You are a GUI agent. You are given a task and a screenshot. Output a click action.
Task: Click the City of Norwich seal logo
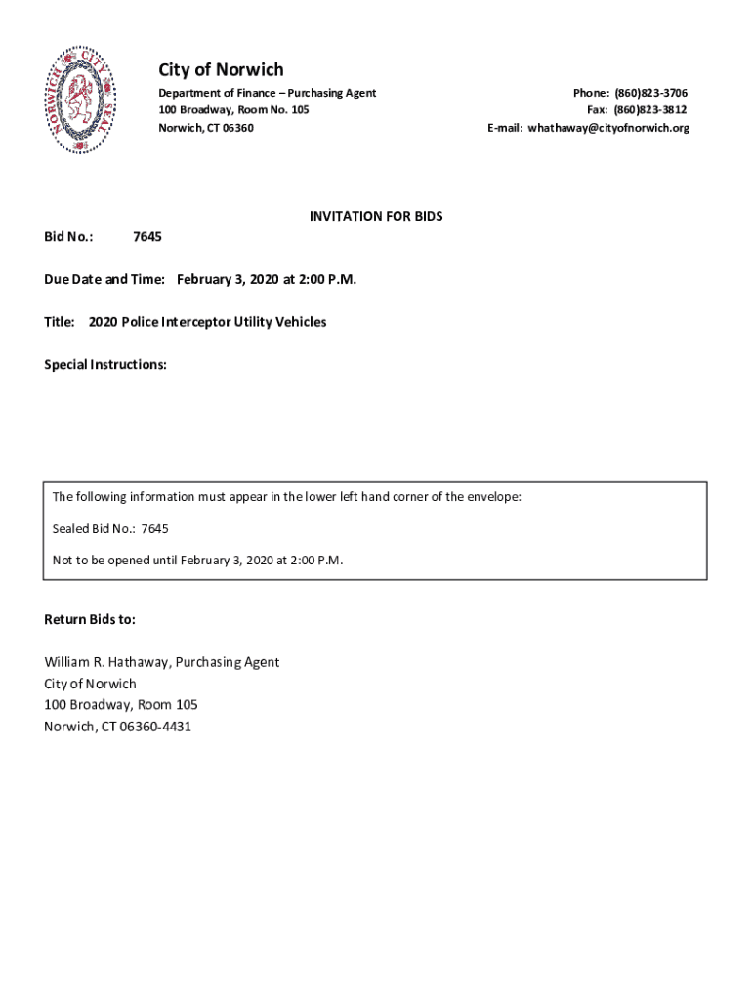(x=84, y=100)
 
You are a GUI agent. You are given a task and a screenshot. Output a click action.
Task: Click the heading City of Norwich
(x=221, y=69)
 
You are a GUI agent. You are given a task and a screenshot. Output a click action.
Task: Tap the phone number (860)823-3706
(x=650, y=93)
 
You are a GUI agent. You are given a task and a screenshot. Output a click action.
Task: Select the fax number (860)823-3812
(x=650, y=110)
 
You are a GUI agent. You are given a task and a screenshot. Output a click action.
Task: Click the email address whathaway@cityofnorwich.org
(x=608, y=128)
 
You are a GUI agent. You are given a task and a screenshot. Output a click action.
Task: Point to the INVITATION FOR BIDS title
(x=376, y=216)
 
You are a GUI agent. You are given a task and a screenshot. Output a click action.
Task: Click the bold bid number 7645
(x=147, y=237)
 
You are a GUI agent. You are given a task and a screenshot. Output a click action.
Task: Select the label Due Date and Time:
(x=104, y=280)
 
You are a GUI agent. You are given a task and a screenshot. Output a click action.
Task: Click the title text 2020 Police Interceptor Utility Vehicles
(x=207, y=322)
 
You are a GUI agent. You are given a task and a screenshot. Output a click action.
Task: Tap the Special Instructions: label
(x=105, y=365)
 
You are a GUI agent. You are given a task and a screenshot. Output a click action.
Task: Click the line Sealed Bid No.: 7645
(x=110, y=529)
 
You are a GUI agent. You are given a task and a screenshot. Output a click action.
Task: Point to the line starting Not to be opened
(x=197, y=561)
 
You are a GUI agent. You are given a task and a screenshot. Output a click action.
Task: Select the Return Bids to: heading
(x=90, y=620)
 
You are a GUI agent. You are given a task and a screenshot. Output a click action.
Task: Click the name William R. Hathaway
(x=106, y=662)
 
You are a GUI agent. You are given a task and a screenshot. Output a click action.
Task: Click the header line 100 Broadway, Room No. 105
(x=233, y=110)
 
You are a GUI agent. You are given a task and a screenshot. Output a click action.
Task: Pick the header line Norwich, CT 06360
(x=206, y=128)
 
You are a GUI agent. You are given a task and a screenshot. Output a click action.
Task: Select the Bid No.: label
(x=68, y=237)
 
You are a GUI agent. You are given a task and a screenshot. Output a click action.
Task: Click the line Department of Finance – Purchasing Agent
(x=267, y=93)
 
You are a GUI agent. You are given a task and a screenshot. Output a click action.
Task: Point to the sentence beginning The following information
(x=286, y=497)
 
